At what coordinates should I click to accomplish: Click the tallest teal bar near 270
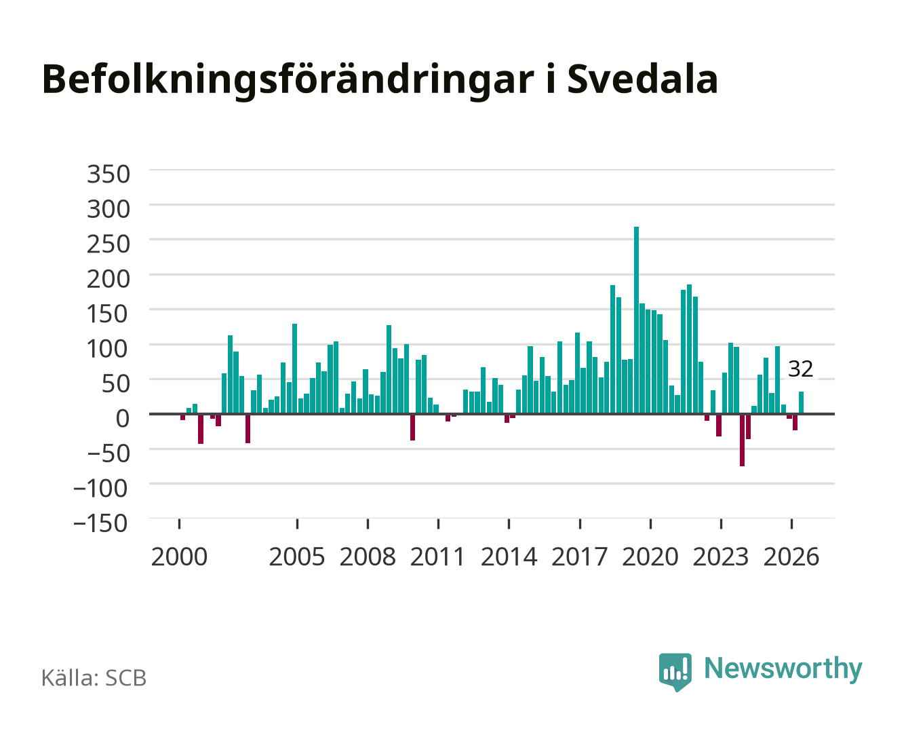coord(636,320)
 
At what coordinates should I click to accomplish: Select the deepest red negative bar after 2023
coord(743,440)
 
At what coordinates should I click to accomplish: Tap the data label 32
coord(800,369)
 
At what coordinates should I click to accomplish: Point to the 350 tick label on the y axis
coord(109,174)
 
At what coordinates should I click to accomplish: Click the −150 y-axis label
coord(100,523)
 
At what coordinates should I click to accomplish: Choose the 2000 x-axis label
coord(179,557)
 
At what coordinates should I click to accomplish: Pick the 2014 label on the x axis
coord(509,557)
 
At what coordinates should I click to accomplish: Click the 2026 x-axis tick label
coord(791,557)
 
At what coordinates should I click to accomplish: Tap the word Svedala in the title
coord(642,79)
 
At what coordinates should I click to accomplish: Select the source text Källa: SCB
coord(94,677)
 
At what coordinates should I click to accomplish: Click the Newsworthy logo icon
coord(675,672)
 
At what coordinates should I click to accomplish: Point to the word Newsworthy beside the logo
coord(783,669)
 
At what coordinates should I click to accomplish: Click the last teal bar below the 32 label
coord(801,402)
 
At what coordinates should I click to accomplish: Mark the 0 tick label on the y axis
coord(123,418)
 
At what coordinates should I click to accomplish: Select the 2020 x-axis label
coord(650,557)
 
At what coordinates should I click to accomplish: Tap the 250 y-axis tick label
coord(109,244)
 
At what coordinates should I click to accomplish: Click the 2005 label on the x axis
coord(297,557)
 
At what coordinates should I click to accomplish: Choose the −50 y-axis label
coord(108,453)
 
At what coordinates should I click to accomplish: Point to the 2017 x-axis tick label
coord(579,557)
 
